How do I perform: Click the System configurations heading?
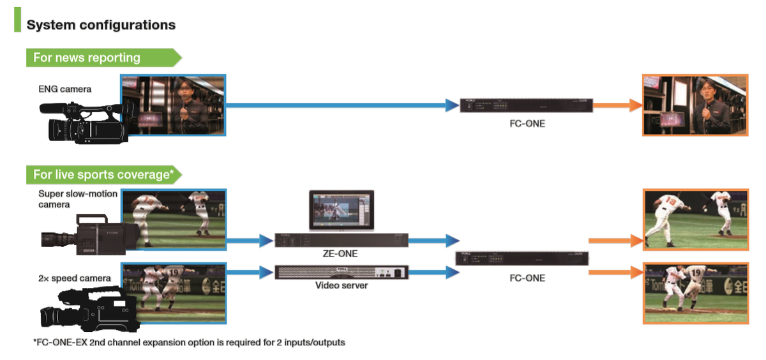(101, 26)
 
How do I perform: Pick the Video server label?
(342, 285)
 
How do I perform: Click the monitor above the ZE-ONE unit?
(342, 209)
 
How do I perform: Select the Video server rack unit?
(342, 272)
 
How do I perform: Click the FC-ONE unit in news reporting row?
(527, 106)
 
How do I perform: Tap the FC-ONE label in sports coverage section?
(527, 278)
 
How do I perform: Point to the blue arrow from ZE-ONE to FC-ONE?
(434, 241)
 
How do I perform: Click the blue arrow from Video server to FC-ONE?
(434, 273)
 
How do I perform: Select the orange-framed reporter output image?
(695, 105)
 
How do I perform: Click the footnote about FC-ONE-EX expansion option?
(189, 343)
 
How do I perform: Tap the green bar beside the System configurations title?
(17, 20)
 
